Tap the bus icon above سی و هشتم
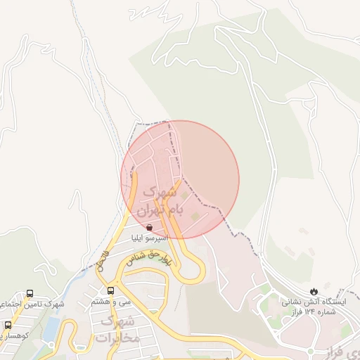click(110, 290)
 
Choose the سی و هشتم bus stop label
click(111, 302)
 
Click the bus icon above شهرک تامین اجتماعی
click(30, 292)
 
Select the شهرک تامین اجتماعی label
click(35, 304)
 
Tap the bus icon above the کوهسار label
click(8, 326)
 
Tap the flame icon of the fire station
click(314, 290)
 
